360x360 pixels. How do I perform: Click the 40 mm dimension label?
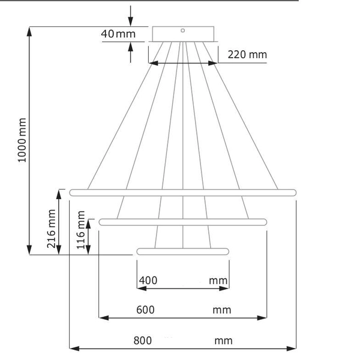tap(118, 34)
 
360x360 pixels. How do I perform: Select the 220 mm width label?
tap(247, 55)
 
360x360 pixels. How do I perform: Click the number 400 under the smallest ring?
tap(148, 280)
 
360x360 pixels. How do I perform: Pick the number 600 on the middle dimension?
tap(145, 310)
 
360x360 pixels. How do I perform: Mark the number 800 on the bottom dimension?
tap(142, 341)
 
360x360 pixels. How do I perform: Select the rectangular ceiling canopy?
tap(183, 34)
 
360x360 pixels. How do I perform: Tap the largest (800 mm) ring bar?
tap(183, 193)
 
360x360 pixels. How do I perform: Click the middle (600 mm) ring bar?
tap(183, 222)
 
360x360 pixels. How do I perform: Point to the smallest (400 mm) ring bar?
tap(183, 251)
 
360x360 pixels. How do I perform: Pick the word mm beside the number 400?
tap(218, 280)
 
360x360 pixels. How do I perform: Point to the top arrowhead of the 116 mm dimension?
tap(89, 223)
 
